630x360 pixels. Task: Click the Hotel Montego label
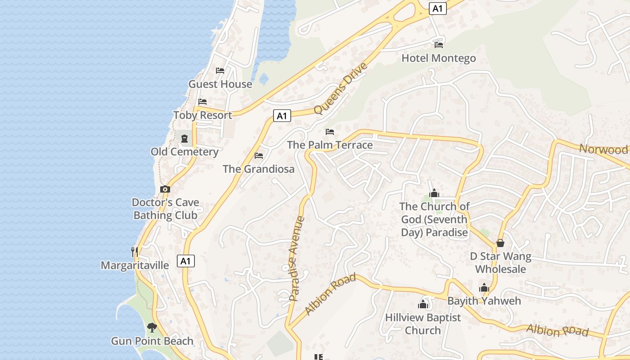click(438, 58)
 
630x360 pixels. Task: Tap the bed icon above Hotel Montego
click(439, 45)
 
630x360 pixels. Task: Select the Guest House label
click(220, 84)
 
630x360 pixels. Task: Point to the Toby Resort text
click(202, 115)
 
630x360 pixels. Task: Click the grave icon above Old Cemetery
click(184, 138)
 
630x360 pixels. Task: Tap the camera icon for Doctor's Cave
click(165, 189)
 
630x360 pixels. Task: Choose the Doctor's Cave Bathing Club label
click(166, 209)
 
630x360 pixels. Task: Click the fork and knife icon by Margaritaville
click(135, 252)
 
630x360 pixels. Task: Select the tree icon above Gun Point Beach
click(152, 327)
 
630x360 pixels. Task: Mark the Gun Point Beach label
click(152, 341)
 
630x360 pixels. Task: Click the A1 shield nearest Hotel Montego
click(437, 8)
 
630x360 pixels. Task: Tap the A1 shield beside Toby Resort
click(282, 116)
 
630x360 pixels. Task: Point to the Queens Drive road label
click(340, 89)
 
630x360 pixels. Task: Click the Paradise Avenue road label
click(297, 258)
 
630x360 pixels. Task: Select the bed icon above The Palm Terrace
click(330, 132)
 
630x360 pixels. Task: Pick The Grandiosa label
click(258, 169)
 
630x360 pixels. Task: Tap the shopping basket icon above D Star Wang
click(500, 243)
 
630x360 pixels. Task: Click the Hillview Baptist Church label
click(423, 324)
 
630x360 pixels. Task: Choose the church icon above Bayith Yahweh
click(484, 288)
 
